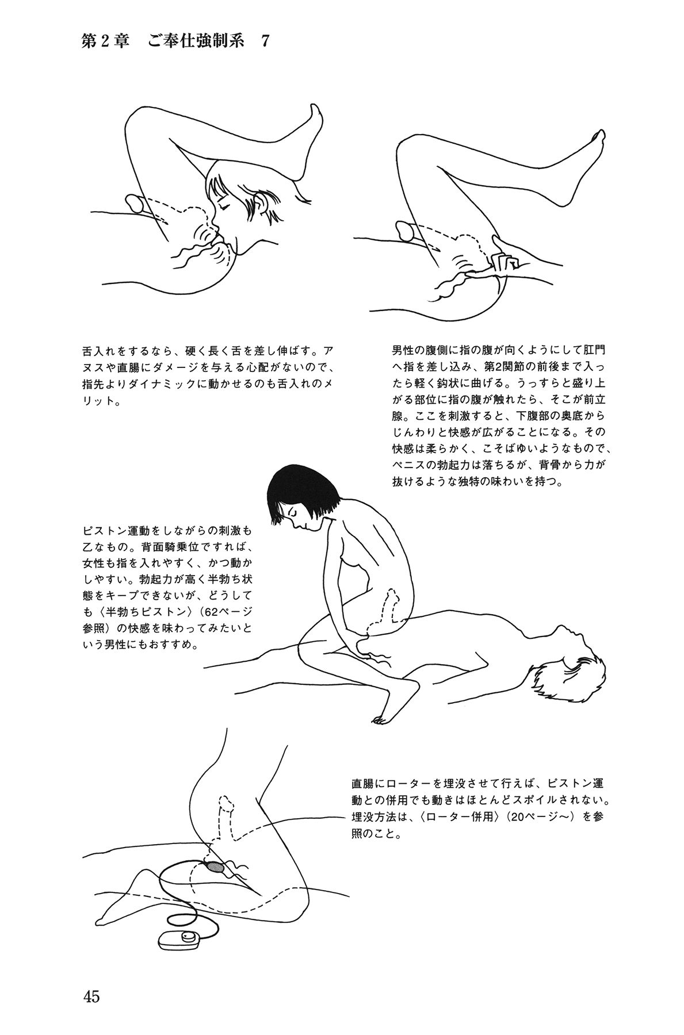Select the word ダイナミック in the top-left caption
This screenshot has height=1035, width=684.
click(171, 383)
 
